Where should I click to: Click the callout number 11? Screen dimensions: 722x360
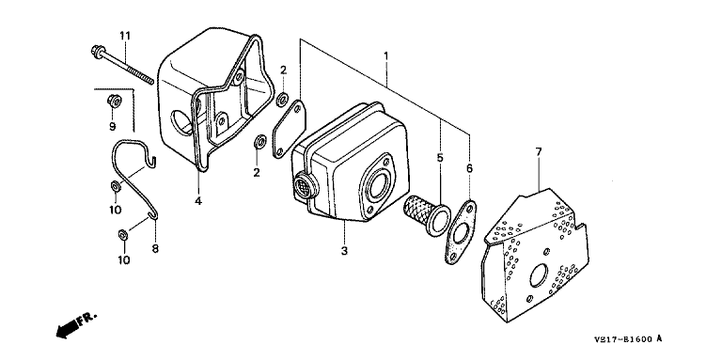[x=125, y=36]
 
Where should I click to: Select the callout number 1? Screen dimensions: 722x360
[x=385, y=56]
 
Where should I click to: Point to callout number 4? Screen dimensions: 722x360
[x=198, y=201]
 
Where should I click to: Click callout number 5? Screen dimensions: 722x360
[x=440, y=158]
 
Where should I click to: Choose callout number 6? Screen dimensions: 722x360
[x=469, y=168]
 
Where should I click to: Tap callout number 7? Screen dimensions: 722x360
[x=539, y=151]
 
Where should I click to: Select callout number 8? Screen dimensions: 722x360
[x=155, y=248]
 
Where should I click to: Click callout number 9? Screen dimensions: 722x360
[x=113, y=126]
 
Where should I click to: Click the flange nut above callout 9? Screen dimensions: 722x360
[x=113, y=100]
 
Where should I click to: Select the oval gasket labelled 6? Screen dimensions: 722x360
[x=461, y=231]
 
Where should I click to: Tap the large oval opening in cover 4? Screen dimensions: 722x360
[x=180, y=121]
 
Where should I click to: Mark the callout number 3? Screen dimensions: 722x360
[x=344, y=251]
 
